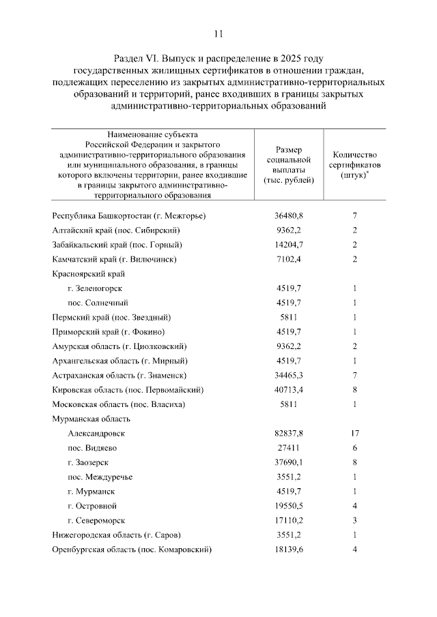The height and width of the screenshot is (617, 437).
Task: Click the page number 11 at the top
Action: (218, 33)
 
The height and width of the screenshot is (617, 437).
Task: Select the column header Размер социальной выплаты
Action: (288, 164)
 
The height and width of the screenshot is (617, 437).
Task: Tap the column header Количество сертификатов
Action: (355, 164)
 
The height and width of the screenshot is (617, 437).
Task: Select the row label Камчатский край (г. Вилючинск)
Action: (115, 259)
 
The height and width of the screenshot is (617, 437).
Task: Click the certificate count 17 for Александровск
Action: (355, 433)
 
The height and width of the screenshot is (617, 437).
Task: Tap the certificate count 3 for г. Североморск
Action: (355, 520)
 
